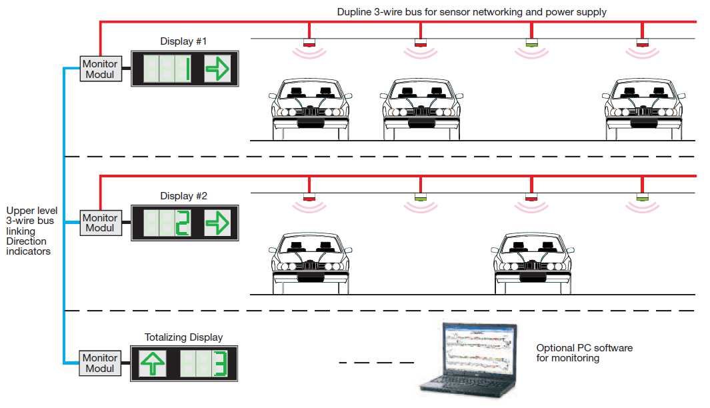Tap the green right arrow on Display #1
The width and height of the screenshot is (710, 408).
(216, 69)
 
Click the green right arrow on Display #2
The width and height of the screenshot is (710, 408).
(216, 223)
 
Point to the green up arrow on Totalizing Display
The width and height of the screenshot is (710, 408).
(152, 363)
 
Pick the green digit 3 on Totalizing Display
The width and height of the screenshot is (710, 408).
(225, 363)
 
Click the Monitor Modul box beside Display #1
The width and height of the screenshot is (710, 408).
(100, 69)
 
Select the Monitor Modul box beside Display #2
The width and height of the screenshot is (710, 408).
(100, 223)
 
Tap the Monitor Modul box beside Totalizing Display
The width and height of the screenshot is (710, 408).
(100, 363)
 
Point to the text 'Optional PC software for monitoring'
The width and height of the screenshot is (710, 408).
(584, 353)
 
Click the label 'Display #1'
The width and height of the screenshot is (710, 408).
(183, 41)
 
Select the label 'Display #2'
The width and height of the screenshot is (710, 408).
(183, 196)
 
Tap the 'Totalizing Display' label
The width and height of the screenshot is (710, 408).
(183, 337)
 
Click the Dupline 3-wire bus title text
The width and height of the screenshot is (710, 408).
(471, 12)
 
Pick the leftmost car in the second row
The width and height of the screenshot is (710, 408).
(311, 263)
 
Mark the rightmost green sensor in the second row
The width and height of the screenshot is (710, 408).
(642, 198)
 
